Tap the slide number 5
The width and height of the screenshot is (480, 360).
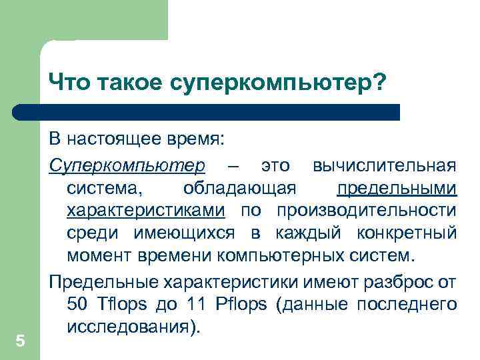[20, 341]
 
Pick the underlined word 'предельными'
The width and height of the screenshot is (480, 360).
[397, 188]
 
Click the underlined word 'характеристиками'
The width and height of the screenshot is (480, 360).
[145, 211]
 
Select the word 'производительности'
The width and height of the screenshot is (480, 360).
[367, 211]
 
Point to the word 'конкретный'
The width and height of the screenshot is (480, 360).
[407, 233]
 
